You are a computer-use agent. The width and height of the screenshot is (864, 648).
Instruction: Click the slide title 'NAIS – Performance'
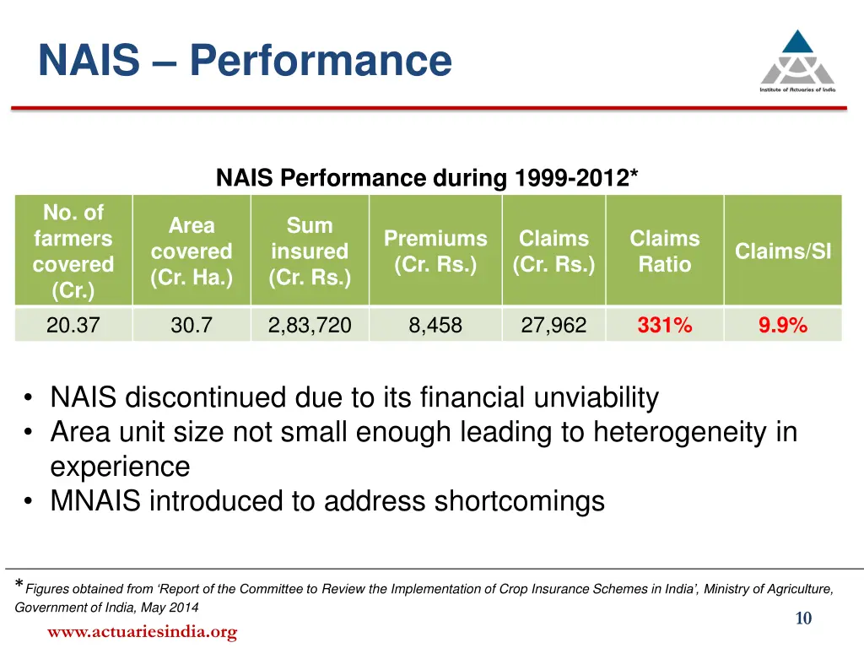(x=245, y=61)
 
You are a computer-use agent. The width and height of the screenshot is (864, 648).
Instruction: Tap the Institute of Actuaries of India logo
(x=797, y=61)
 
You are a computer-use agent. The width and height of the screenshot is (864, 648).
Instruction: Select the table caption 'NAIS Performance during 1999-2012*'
(x=427, y=179)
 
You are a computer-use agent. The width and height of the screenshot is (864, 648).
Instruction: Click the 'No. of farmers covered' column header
(x=73, y=251)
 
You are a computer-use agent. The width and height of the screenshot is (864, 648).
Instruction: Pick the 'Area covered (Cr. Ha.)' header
(x=192, y=251)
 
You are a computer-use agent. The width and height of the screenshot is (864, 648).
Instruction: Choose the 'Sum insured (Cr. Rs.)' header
(x=310, y=251)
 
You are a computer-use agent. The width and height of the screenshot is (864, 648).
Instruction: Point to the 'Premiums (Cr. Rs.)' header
(x=435, y=251)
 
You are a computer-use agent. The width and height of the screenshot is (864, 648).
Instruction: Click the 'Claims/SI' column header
(x=783, y=251)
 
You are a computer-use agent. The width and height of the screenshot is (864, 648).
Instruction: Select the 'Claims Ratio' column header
(x=665, y=251)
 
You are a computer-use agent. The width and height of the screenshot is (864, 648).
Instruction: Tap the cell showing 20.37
(x=73, y=325)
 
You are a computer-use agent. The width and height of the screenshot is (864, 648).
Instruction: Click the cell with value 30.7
(x=192, y=325)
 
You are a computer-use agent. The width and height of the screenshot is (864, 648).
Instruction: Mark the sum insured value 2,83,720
(x=310, y=325)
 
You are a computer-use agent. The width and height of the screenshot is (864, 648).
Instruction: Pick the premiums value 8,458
(x=435, y=325)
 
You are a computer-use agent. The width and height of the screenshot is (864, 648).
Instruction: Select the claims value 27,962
(x=553, y=325)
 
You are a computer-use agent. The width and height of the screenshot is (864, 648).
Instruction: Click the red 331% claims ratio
(x=665, y=325)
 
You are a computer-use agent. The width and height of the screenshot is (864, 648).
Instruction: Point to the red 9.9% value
(x=783, y=325)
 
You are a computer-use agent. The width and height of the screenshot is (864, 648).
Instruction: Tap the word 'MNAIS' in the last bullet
(x=95, y=501)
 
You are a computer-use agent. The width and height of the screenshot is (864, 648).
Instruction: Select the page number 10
(x=803, y=619)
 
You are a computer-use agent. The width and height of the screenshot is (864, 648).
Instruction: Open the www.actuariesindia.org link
(x=143, y=631)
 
